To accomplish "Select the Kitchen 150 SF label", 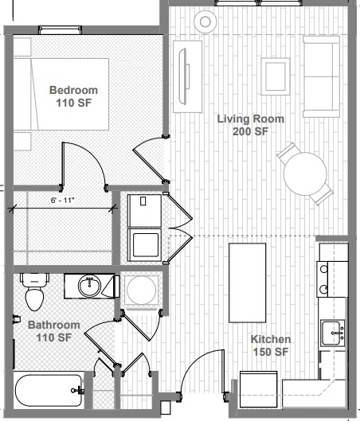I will click(x=271, y=345).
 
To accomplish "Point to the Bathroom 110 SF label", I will click(x=54, y=332).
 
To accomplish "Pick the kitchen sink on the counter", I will click(x=332, y=331).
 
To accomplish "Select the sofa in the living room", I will click(x=321, y=76).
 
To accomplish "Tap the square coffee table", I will click(x=274, y=76).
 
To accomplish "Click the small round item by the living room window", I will click(x=205, y=21).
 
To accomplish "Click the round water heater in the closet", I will click(x=142, y=290).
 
